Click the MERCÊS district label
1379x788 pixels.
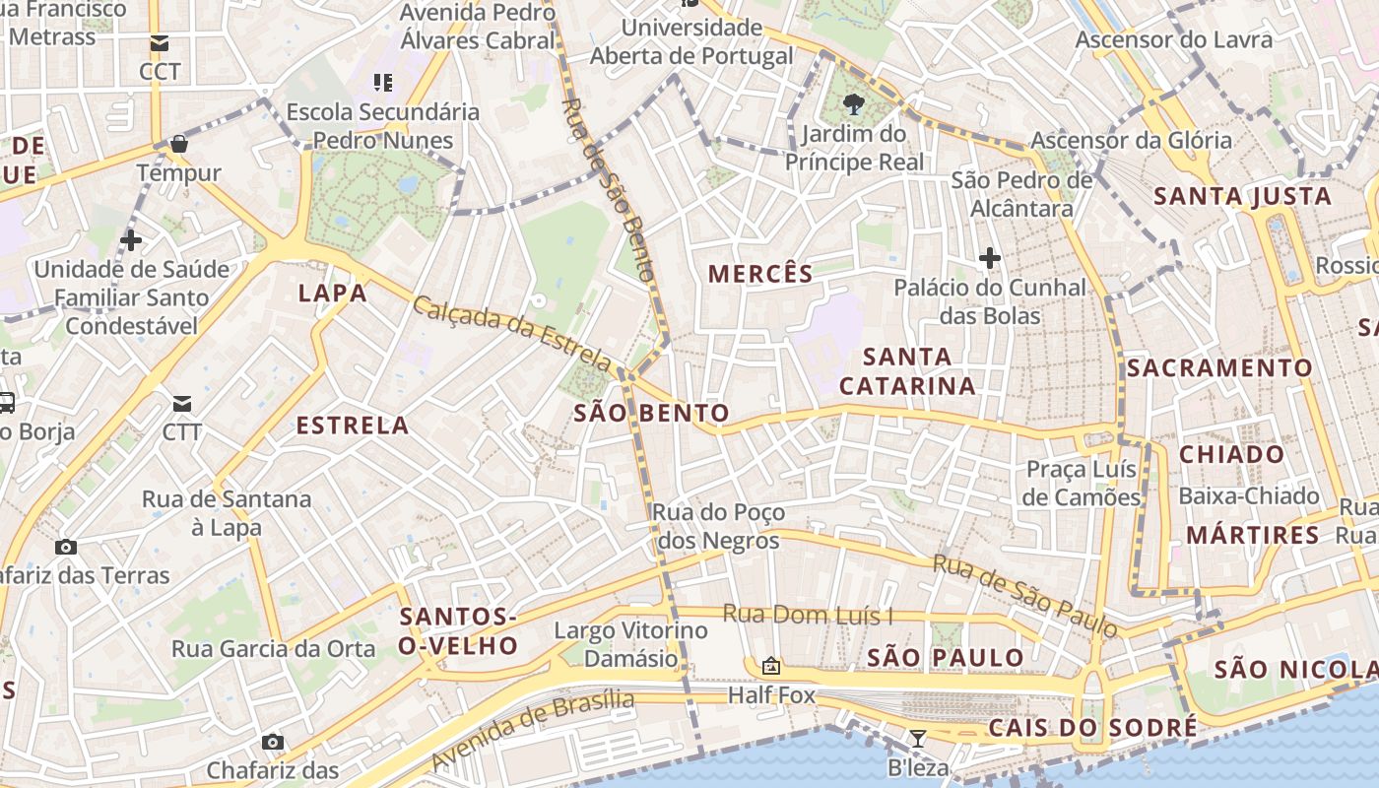(x=760, y=274)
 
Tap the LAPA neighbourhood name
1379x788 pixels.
(x=332, y=293)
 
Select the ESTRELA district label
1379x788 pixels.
(x=353, y=426)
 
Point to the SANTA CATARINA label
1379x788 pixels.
(x=907, y=371)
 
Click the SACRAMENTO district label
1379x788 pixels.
(x=1219, y=368)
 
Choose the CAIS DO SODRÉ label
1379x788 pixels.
(x=1092, y=728)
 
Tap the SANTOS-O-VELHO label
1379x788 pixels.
(x=458, y=631)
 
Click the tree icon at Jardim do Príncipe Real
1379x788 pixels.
(x=853, y=104)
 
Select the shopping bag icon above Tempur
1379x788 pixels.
(x=178, y=144)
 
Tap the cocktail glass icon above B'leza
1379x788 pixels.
(x=917, y=739)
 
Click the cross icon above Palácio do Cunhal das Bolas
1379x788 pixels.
(x=990, y=259)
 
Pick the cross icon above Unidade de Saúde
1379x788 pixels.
(x=131, y=239)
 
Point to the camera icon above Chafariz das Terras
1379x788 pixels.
(x=66, y=547)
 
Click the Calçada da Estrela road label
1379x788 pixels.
(x=512, y=329)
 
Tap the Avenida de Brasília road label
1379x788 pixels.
(x=533, y=729)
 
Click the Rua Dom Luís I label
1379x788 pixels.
(x=808, y=615)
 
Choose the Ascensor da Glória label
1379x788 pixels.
(x=1131, y=140)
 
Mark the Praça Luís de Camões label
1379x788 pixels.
(x=1081, y=483)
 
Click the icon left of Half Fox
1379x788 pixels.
(x=771, y=667)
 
